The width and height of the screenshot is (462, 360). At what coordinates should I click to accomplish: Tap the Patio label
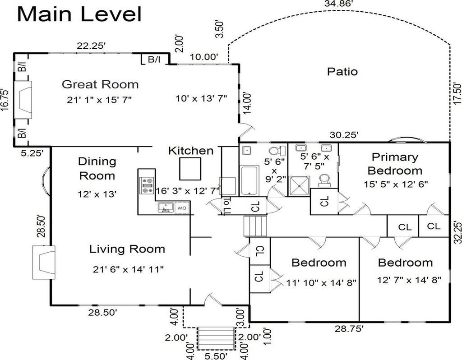(x=342, y=71)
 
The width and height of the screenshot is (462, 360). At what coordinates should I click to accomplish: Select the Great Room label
(x=100, y=84)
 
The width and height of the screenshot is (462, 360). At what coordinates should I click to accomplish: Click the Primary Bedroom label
(x=395, y=164)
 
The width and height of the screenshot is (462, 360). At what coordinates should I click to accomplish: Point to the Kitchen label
(x=191, y=151)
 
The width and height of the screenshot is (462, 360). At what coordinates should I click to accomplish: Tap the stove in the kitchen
(x=147, y=185)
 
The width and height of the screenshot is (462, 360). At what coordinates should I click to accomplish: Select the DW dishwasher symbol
(x=182, y=208)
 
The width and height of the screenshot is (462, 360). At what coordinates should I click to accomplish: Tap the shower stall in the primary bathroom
(x=298, y=185)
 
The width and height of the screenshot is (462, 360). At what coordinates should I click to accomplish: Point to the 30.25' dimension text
(x=344, y=134)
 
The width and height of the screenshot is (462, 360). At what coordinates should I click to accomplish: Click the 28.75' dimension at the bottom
(x=349, y=328)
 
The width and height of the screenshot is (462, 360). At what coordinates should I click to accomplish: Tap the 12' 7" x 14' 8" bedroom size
(x=409, y=280)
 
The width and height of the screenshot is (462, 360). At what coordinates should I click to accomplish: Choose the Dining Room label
(x=97, y=168)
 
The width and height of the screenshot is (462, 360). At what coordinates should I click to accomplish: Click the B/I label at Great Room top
(x=153, y=59)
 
